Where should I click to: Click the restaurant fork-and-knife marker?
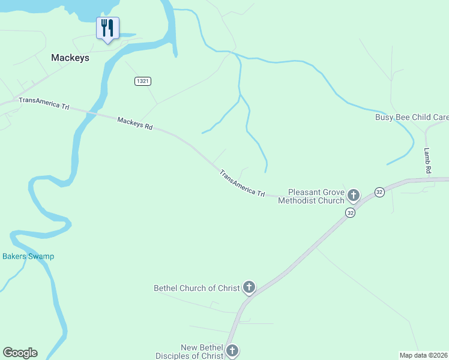(x=107, y=28)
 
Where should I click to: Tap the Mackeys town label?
(x=70, y=58)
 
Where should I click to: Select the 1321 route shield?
(x=142, y=81)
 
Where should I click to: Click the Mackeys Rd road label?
(x=135, y=124)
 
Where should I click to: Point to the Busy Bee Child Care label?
(x=412, y=117)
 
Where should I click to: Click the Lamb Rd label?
(x=427, y=161)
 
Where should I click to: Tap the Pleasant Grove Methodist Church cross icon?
(x=354, y=195)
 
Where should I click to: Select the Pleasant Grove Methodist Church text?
(x=311, y=196)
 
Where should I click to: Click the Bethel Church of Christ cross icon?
(x=249, y=287)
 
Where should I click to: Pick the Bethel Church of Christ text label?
(x=197, y=288)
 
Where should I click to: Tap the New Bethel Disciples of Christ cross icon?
(x=232, y=350)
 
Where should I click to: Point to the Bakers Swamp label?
(x=28, y=256)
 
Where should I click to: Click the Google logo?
(x=20, y=353)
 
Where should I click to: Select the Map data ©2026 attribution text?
(x=424, y=355)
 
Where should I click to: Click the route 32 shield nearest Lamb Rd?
(x=379, y=192)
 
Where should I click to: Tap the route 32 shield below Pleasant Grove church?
(x=350, y=213)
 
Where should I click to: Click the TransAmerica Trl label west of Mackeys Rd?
(x=44, y=103)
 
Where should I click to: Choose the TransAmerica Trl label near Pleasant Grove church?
(x=242, y=184)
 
